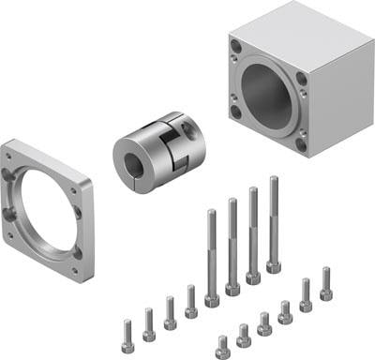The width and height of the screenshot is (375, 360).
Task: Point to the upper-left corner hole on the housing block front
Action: pyautogui.click(x=232, y=45)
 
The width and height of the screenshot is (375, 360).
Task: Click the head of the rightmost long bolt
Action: pyautogui.click(x=274, y=265)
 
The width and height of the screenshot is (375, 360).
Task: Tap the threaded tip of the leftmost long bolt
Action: pyautogui.click(x=211, y=216)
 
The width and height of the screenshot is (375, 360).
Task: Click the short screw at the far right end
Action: pyautogui.click(x=325, y=285)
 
